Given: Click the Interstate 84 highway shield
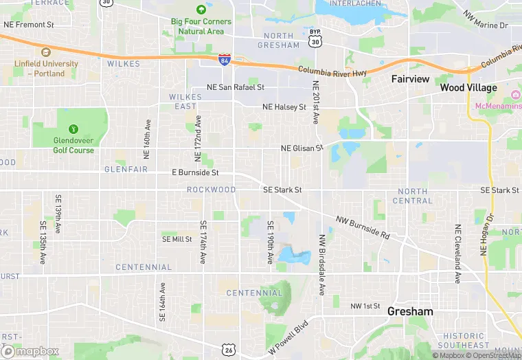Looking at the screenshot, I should (x=225, y=60).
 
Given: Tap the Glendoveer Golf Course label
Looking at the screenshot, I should (x=73, y=146).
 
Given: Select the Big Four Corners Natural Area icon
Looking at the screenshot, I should (x=201, y=10).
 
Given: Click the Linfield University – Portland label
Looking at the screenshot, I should (x=46, y=68).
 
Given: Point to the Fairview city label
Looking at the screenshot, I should (x=410, y=79).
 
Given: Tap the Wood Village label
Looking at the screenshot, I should (x=468, y=88).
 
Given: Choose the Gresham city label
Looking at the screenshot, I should (x=410, y=311).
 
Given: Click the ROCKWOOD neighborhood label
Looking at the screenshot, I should (x=211, y=190).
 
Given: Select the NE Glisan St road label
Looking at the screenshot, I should (x=302, y=148).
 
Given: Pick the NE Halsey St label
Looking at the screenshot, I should (x=284, y=107).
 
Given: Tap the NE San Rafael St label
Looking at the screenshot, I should (x=236, y=87).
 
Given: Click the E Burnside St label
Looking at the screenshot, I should (x=195, y=172).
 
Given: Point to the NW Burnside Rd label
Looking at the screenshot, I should (x=363, y=227).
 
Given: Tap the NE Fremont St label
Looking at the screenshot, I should (x=29, y=25).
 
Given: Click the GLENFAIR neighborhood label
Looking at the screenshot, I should (x=126, y=169).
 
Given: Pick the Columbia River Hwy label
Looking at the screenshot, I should (x=332, y=71).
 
